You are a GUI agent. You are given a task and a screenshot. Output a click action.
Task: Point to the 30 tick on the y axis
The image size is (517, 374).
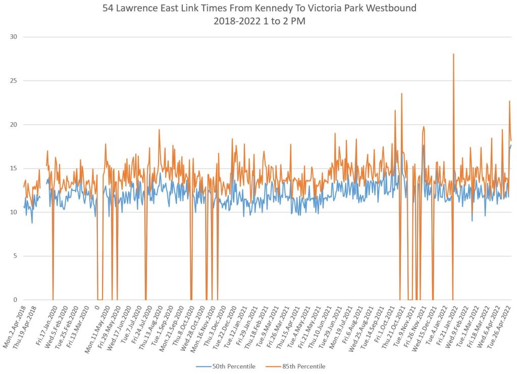point(13,37)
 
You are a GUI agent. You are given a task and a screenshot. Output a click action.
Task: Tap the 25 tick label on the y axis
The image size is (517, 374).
point(13,81)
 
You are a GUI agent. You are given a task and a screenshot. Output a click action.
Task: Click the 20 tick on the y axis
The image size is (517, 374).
point(13,125)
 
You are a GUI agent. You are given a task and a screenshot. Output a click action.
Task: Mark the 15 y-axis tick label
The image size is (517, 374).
point(13,168)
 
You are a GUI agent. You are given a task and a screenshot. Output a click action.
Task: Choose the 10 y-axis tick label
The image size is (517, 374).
point(13,212)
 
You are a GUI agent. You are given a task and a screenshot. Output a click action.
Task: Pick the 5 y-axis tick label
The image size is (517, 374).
point(15,256)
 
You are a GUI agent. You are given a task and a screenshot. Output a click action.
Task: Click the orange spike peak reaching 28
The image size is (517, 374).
point(453,54)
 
